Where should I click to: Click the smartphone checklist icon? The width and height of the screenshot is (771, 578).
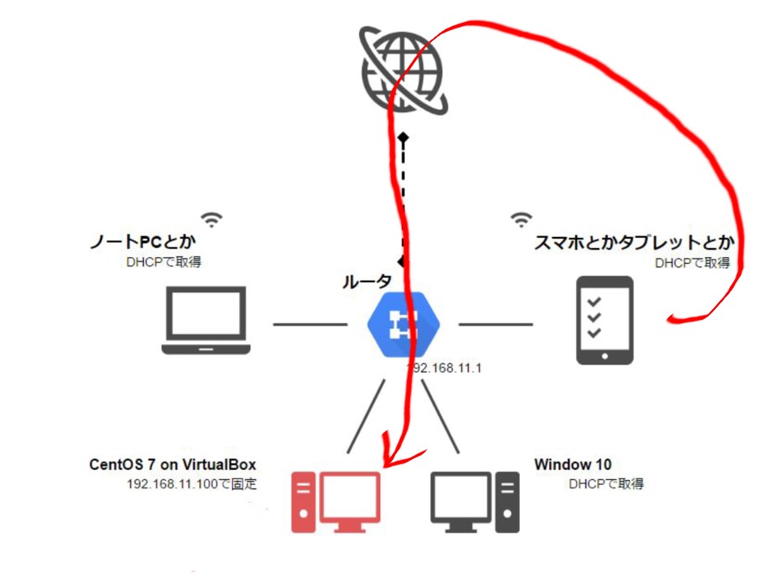click(605, 321)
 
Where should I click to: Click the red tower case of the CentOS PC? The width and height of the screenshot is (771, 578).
click(302, 502)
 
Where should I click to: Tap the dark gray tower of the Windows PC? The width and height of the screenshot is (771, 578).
click(506, 502)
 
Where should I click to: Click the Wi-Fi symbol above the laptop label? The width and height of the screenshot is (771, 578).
click(213, 219)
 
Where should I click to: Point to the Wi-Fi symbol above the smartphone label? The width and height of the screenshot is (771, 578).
click(522, 219)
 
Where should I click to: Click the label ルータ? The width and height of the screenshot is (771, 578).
click(366, 282)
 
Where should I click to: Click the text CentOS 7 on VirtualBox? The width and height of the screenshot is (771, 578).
click(172, 464)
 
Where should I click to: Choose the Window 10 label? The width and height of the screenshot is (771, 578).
click(573, 464)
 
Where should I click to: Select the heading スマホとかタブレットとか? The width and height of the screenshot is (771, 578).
click(635, 244)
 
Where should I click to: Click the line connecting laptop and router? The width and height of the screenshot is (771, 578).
click(310, 323)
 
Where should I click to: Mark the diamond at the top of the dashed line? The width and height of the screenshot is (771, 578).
click(403, 136)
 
